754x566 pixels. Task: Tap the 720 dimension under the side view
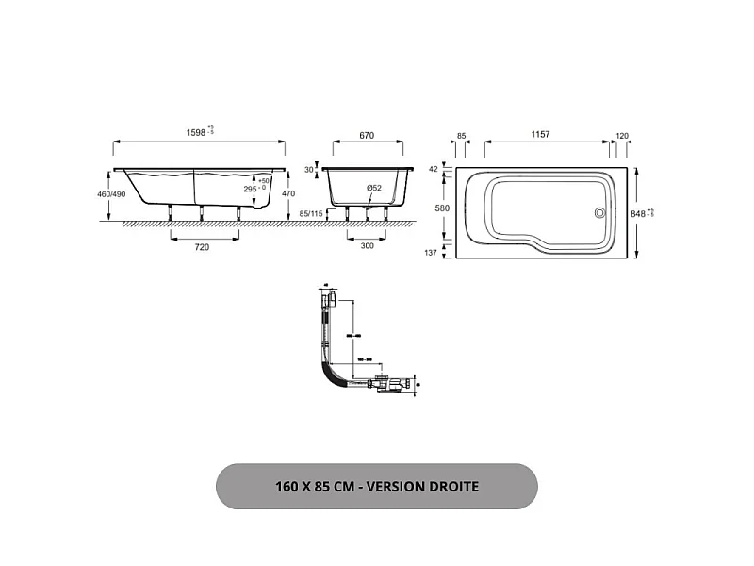point(201,247)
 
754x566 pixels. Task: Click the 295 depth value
point(251,189)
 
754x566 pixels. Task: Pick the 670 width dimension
point(367,135)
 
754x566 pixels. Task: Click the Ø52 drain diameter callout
point(374,189)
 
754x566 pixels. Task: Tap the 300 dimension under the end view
point(367,247)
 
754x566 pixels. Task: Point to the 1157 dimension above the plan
point(541,135)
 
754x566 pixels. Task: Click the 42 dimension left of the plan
point(434,170)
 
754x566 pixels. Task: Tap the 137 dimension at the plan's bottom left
point(433,253)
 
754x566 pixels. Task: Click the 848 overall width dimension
point(639,213)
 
